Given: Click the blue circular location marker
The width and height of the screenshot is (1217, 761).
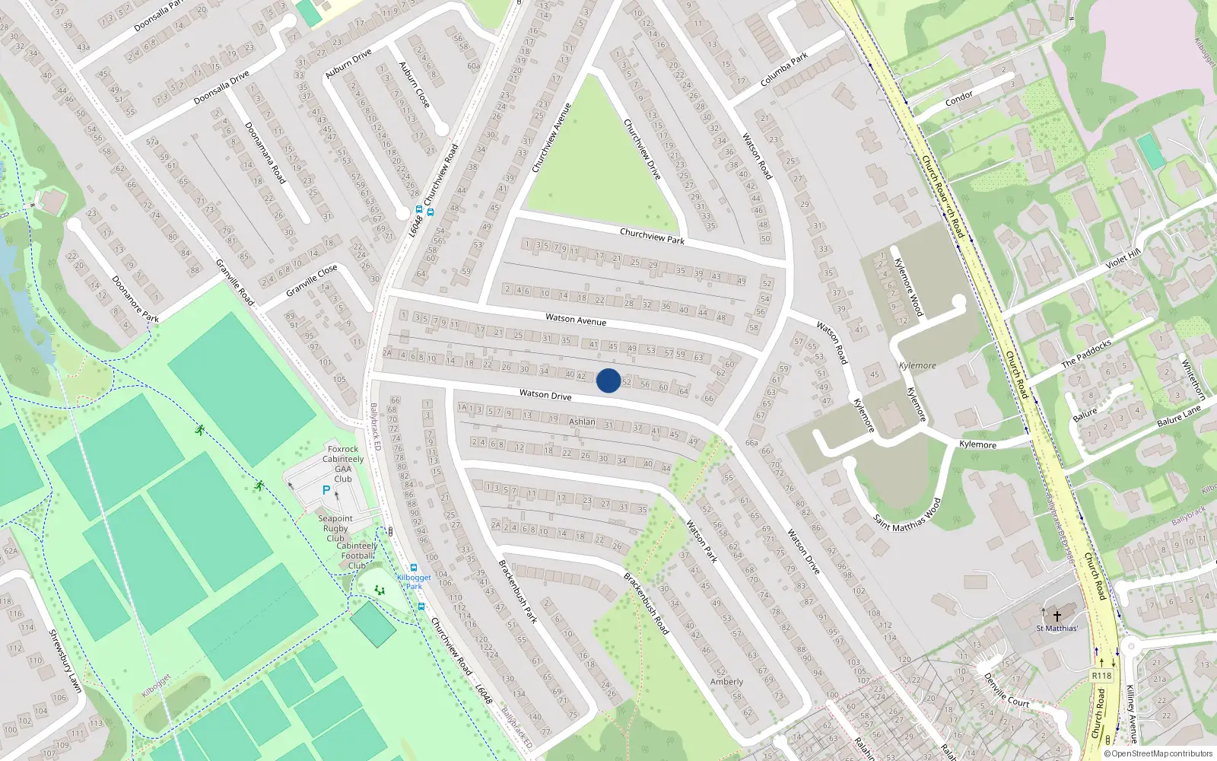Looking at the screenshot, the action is tap(608, 380).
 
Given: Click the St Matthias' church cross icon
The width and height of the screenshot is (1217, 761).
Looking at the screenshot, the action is tap(1057, 616).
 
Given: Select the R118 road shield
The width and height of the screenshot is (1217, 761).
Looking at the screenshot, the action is tap(1101, 676).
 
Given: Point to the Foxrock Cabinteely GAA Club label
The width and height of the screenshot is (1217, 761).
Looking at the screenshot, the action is tap(343, 463).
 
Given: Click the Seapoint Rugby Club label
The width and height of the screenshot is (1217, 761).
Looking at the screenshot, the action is tap(335, 528).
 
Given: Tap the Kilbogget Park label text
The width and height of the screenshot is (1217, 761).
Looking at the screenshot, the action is tap(414, 581).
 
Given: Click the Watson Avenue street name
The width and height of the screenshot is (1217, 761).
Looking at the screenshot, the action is tap(576, 320).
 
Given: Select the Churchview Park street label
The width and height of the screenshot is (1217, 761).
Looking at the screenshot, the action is tap(652, 237).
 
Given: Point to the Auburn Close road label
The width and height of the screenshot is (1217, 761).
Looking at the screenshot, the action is tap(415, 84).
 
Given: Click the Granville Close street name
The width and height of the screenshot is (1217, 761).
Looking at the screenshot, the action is tap(311, 281).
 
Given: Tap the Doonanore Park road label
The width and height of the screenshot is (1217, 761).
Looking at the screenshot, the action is tap(135, 299).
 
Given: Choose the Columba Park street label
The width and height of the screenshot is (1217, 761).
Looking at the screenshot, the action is tap(784, 70).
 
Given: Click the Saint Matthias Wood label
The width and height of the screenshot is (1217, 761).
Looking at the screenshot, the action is tap(907, 515).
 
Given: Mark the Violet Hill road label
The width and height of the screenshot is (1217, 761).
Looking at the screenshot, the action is tap(1123, 259).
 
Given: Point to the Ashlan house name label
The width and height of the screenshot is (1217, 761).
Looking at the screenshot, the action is tap(582, 422).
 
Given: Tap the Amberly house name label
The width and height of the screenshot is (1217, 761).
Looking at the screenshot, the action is tap(726, 682).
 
